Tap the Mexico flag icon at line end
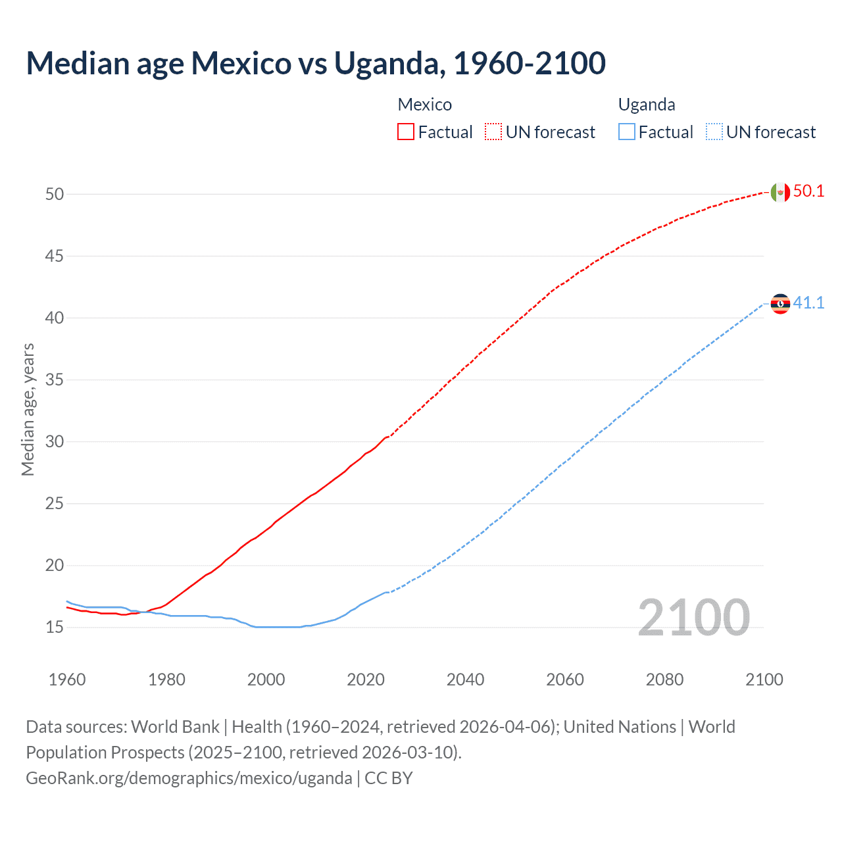[x=780, y=192]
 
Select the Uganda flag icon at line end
[x=780, y=303]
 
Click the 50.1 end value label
[x=808, y=191]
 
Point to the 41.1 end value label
[x=808, y=303]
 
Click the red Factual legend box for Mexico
[x=406, y=132]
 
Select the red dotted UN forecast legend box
[x=493, y=132]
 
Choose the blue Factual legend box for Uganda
[x=627, y=132]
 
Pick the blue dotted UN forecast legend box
[x=714, y=132]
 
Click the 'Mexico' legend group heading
[x=425, y=105]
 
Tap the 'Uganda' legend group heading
[x=647, y=105]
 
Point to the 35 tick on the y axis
[x=55, y=380]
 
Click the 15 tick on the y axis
[x=55, y=628]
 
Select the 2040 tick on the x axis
[x=465, y=680]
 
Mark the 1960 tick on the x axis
[x=67, y=680]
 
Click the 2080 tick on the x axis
[x=664, y=680]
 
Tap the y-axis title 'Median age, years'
[x=28, y=409]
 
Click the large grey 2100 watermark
[x=694, y=618]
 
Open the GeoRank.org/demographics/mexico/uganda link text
[x=189, y=778]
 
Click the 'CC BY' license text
[x=389, y=778]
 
